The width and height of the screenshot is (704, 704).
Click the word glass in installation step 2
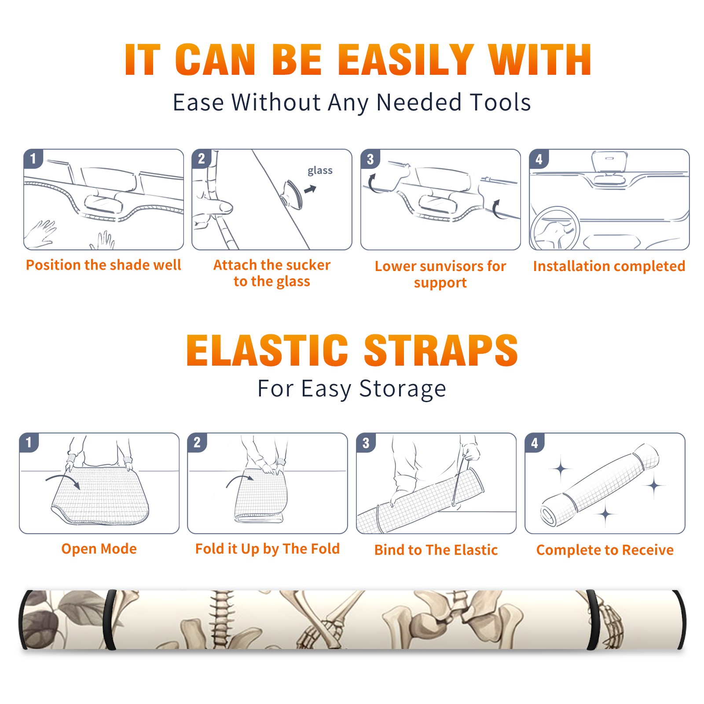coord(320,171)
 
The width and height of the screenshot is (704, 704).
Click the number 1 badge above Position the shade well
coord(33,158)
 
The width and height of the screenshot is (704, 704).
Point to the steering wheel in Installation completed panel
coord(555,228)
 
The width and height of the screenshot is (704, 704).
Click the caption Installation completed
coord(609,266)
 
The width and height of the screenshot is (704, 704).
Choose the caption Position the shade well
coord(103,265)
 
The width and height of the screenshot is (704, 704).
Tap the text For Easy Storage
coord(352,389)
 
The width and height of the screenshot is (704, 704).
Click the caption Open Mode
coord(99,549)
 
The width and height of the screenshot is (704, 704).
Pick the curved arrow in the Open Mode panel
coord(64,477)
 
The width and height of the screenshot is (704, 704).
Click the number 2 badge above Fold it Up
coord(197,442)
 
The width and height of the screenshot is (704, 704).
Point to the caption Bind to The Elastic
coord(436,550)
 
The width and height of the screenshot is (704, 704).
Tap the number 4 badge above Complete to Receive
coord(535,442)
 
